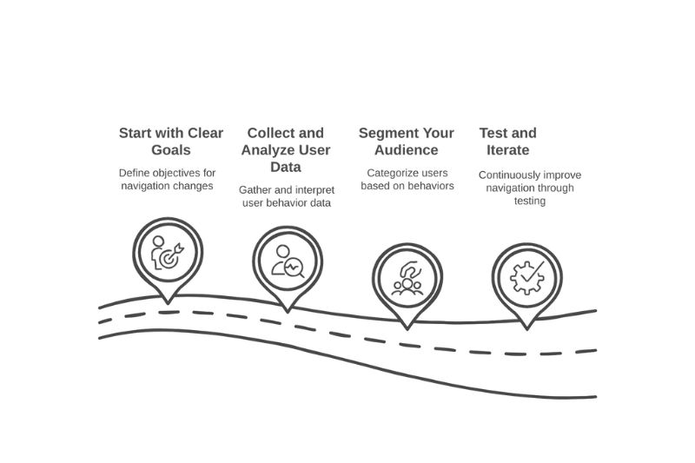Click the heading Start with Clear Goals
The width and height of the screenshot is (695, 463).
point(170,142)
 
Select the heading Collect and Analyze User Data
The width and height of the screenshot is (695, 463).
point(285,149)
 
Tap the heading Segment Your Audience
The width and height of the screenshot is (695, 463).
point(406,142)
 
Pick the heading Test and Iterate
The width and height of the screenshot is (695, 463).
point(507,142)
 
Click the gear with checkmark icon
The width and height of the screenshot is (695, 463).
point(526,276)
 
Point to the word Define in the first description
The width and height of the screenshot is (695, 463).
point(135,172)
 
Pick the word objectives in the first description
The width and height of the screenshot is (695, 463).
point(178,172)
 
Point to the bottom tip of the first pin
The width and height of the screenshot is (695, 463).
point(167,301)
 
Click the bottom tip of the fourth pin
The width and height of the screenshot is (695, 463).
point(526,329)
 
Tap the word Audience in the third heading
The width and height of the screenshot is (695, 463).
point(406,150)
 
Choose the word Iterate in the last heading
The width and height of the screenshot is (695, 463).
point(504,150)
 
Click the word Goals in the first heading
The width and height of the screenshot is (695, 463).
point(170,150)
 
